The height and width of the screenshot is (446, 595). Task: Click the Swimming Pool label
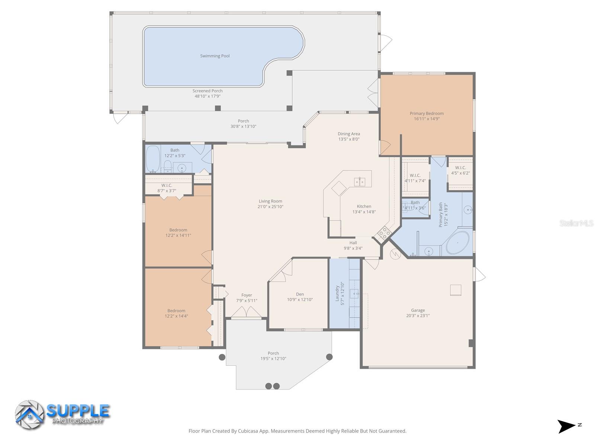[x=215, y=56]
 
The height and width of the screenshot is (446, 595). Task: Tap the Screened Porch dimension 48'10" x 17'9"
[x=208, y=96]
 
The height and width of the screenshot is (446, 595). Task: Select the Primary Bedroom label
[x=427, y=113]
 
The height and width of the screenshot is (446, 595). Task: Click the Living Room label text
[x=270, y=201]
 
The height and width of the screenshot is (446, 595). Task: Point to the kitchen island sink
[x=359, y=182]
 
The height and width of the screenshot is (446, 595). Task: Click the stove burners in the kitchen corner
[x=384, y=233]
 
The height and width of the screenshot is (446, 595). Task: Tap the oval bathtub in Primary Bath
[x=458, y=243]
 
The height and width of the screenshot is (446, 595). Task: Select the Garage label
[x=418, y=310]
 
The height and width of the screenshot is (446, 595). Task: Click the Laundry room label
[x=337, y=293]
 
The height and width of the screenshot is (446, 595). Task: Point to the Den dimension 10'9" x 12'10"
[x=300, y=300]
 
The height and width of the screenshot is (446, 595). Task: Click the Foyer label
[x=247, y=295]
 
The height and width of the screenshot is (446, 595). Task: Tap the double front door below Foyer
[x=246, y=312]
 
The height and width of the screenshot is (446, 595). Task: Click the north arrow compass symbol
[x=566, y=426]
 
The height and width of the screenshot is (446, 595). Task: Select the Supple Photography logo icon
[x=29, y=415]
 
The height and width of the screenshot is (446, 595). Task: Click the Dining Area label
[x=348, y=134]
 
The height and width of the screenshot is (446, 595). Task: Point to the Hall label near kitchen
[x=353, y=243]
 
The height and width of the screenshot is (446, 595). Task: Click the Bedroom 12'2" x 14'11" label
[x=178, y=230]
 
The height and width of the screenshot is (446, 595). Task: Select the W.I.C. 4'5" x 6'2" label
[x=460, y=168]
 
